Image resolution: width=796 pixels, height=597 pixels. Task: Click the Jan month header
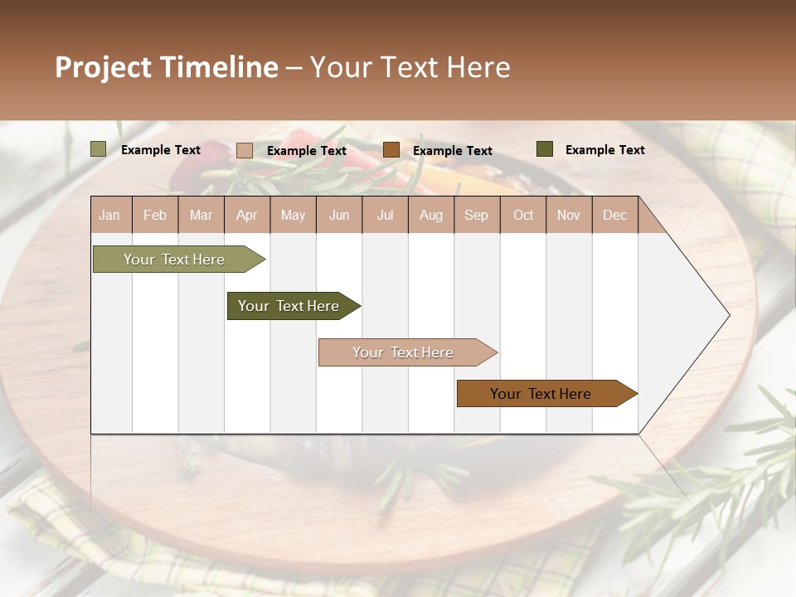click(x=109, y=215)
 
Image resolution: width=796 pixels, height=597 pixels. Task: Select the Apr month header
click(x=246, y=215)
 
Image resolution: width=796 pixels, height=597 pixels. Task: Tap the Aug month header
click(x=430, y=215)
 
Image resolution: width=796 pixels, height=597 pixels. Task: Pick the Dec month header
click(x=614, y=215)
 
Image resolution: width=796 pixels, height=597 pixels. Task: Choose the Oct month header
click(x=523, y=215)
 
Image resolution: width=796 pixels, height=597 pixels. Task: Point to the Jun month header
click(x=338, y=215)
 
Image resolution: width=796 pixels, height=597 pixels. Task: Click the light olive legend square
click(x=98, y=149)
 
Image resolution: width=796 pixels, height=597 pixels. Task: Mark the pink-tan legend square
click(x=244, y=150)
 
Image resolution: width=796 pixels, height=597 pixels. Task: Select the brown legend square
click(x=391, y=149)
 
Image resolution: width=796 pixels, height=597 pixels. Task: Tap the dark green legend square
click(x=544, y=149)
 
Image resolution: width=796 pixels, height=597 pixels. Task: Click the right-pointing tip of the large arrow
click(x=727, y=315)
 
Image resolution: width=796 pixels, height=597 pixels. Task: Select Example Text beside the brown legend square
click(x=452, y=150)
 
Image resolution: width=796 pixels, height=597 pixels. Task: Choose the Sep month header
click(x=476, y=215)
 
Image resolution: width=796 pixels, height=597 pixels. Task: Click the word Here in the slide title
click(x=478, y=67)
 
